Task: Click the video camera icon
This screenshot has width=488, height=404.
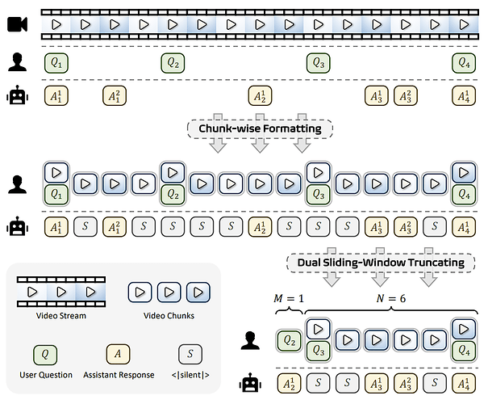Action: [x=17, y=25]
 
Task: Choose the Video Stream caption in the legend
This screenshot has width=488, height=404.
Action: [x=62, y=315]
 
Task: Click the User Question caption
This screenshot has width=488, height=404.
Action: [x=47, y=375]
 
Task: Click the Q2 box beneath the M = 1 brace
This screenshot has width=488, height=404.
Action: [x=289, y=342]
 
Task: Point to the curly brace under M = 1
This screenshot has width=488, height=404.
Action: [x=289, y=314]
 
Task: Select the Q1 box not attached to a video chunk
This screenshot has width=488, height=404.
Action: [x=56, y=62]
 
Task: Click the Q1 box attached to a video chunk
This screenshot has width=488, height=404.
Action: [x=56, y=193]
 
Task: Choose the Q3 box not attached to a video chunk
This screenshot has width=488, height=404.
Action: [x=318, y=62]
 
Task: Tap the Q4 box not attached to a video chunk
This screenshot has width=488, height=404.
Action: [x=463, y=62]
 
